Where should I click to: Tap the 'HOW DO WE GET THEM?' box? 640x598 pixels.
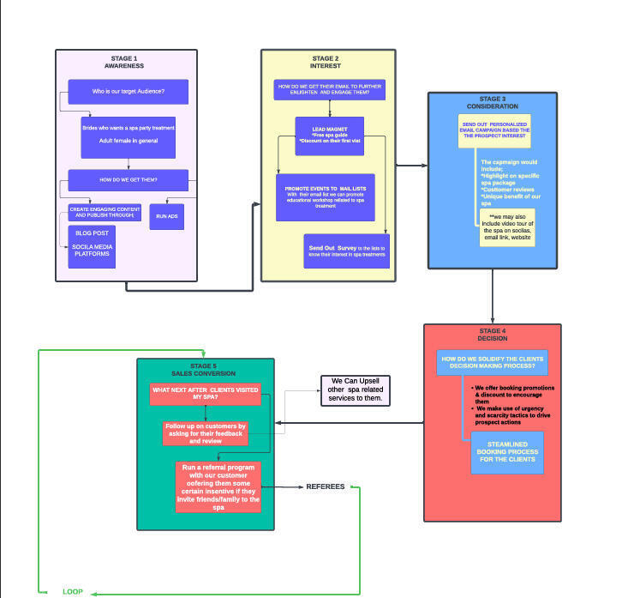[x=128, y=180]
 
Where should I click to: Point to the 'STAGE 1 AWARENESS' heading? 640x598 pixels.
[x=123, y=62]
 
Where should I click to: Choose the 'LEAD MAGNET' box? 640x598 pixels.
[x=330, y=136]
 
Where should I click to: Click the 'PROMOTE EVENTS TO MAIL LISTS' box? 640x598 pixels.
[x=325, y=195]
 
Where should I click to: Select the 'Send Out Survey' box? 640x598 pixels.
[x=346, y=251]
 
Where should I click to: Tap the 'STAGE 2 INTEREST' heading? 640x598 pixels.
[x=325, y=62]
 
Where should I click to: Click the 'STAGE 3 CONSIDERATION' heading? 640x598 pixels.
[x=492, y=102]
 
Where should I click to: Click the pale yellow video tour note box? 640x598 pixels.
[x=507, y=225]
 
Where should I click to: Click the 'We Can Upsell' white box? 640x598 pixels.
[x=356, y=390]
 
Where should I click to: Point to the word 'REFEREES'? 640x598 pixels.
[x=326, y=486]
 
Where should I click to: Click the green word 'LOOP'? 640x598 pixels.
[x=73, y=592]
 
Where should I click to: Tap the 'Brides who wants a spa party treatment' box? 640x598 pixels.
[x=128, y=136]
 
